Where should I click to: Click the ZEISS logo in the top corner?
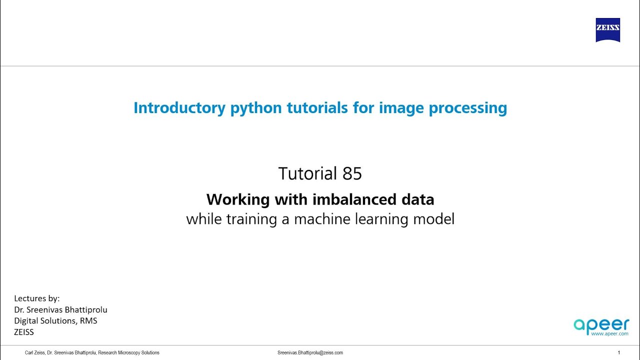coord(607,30)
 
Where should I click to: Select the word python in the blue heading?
coord(256,107)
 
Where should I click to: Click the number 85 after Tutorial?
coord(352,173)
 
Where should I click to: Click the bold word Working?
coord(238,199)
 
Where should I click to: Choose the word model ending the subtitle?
coord(434,219)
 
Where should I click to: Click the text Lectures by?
coord(37,298)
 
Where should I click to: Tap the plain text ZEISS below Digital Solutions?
coord(24,331)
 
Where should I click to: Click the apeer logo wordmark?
coord(601,324)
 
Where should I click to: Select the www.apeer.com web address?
coord(609,333)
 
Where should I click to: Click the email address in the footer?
coord(310,352)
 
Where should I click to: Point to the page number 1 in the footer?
coord(619,352)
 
